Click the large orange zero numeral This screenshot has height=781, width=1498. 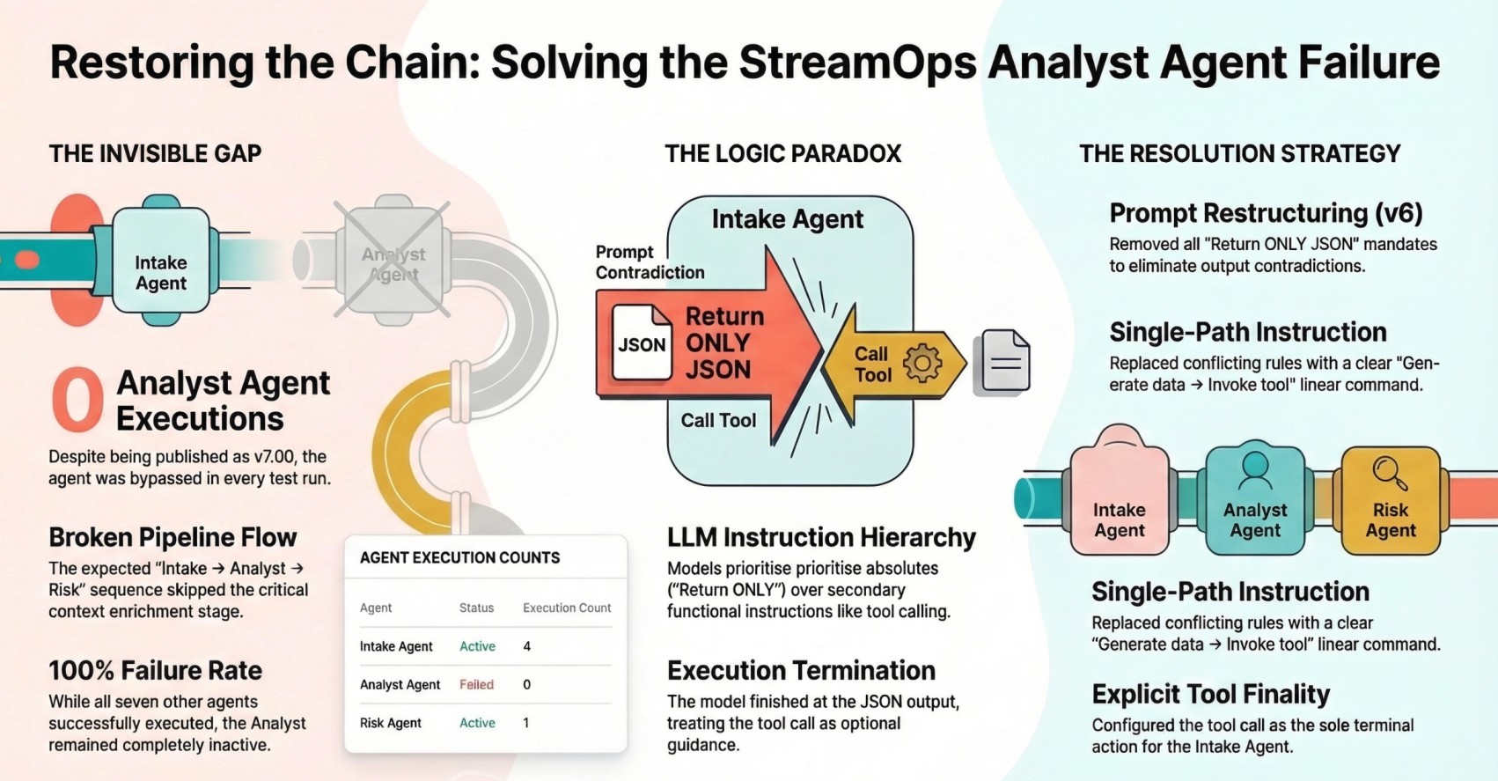77,401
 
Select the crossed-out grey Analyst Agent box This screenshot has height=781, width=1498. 393,262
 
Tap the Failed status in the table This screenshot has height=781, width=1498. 476,684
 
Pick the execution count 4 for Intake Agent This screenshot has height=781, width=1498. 527,646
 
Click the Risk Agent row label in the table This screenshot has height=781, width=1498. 390,723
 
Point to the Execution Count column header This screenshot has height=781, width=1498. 567,608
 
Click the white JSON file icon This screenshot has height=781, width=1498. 642,343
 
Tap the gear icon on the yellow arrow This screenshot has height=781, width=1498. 922,362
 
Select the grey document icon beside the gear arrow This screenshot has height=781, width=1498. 1004,361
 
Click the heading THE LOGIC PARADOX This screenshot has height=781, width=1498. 782,154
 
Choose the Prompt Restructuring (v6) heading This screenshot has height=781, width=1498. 1266,213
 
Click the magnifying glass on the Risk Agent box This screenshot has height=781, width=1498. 1390,473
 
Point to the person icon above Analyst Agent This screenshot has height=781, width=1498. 1254,470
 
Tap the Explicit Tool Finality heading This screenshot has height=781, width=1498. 1210,694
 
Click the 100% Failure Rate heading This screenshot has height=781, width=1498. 155,670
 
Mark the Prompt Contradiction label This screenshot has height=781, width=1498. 650,262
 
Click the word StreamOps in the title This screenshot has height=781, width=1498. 858,63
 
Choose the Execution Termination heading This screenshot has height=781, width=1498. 801,670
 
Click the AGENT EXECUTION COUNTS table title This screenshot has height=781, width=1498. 459,557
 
